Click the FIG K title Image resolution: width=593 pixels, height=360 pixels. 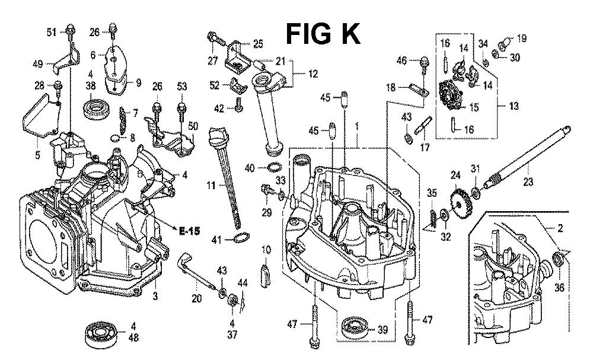(x=323, y=34)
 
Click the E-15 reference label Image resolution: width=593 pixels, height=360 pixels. (x=189, y=230)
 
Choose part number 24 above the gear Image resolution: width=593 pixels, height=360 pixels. (x=455, y=175)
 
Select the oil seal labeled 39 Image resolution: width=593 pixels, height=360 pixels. (x=356, y=328)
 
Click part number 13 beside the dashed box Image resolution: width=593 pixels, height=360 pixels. (x=513, y=106)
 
